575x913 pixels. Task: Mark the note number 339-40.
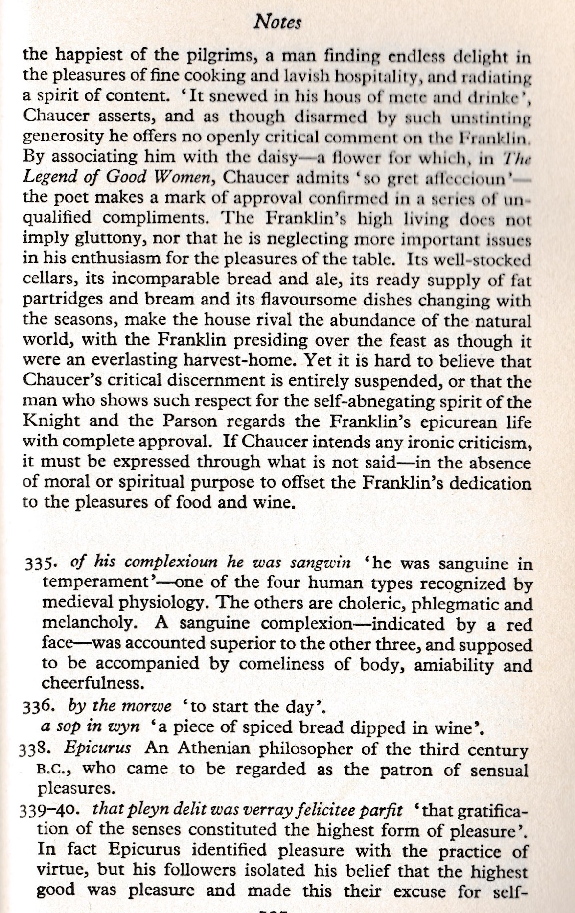51,811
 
